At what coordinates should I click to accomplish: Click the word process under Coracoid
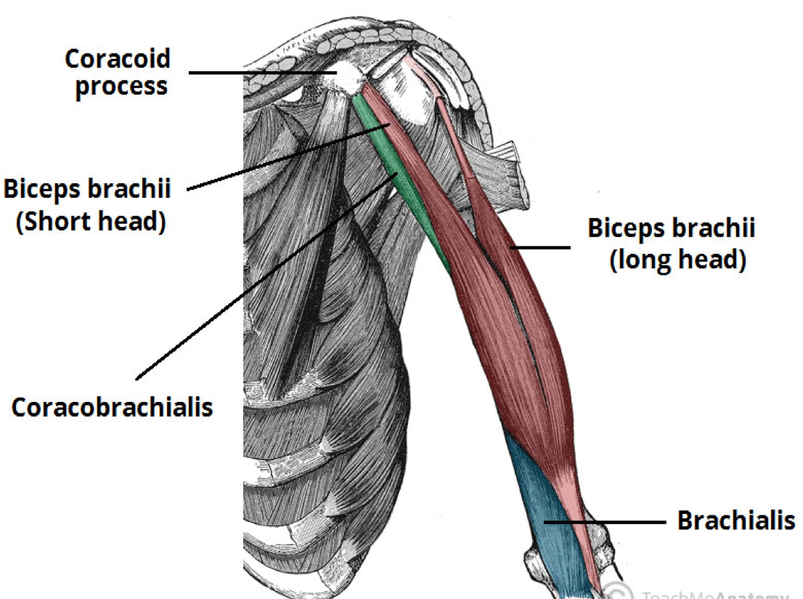pyautogui.click(x=121, y=86)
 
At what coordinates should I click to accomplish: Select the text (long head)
pyautogui.click(x=677, y=259)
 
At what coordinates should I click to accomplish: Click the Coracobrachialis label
pyautogui.click(x=113, y=407)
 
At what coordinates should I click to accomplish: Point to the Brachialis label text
pyautogui.click(x=735, y=520)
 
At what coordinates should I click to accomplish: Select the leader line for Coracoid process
pyautogui.click(x=261, y=72)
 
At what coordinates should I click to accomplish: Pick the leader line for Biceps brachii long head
pyautogui.click(x=541, y=247)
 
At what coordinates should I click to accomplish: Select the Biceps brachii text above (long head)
pyautogui.click(x=671, y=228)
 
